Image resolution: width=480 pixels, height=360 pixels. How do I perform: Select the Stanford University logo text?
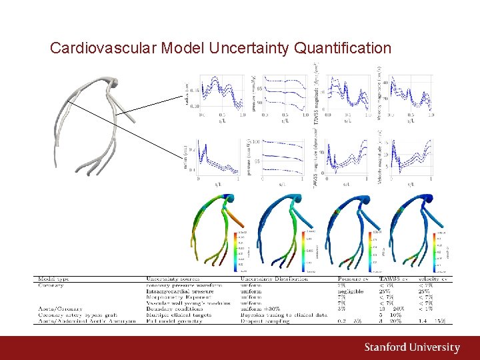tap(411, 348)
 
